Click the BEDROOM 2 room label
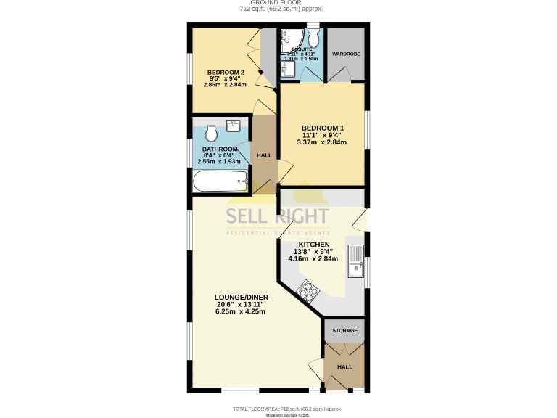click(x=226, y=73)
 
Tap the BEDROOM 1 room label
click(x=322, y=128)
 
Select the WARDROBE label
click(x=344, y=54)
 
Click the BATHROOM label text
click(x=220, y=149)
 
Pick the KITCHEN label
click(x=314, y=245)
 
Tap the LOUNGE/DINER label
click(x=240, y=298)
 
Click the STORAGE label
click(x=344, y=330)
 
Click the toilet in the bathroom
click(x=211, y=134)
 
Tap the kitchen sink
click(x=355, y=263)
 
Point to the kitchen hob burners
click(x=308, y=290)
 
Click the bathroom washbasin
click(x=234, y=126)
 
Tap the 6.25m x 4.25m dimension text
click(x=240, y=312)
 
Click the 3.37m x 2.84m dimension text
click(x=322, y=142)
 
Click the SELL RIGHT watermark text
click(x=278, y=216)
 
